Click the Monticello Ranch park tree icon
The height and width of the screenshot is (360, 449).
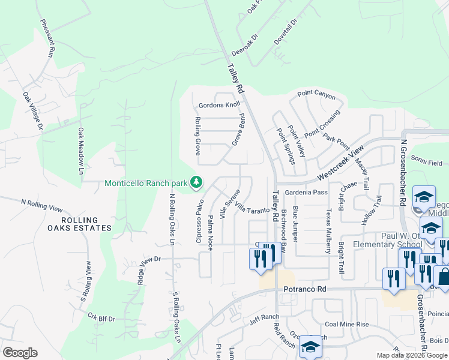196,181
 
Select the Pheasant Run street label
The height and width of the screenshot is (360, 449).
47,38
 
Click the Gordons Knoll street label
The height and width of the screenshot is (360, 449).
219,104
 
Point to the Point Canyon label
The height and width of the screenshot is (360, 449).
316,94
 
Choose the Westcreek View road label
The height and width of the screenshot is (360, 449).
341,162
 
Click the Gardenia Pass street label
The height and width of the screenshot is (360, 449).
306,192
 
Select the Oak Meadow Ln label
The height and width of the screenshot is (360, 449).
80,151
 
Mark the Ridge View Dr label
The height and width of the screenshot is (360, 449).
150,259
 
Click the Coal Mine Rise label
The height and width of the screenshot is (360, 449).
346,324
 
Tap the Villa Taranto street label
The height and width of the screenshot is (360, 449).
252,208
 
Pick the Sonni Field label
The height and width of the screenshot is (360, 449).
427,163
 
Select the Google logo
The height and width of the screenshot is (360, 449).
20,353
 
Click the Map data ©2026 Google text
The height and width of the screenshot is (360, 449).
411,355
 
